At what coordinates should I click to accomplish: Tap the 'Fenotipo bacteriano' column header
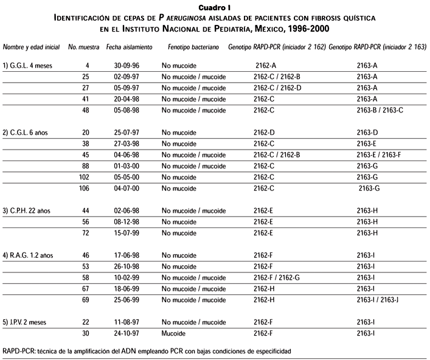click(x=187, y=47)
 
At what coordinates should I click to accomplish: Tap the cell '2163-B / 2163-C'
click(x=380, y=110)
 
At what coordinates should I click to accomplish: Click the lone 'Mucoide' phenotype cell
click(x=175, y=333)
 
